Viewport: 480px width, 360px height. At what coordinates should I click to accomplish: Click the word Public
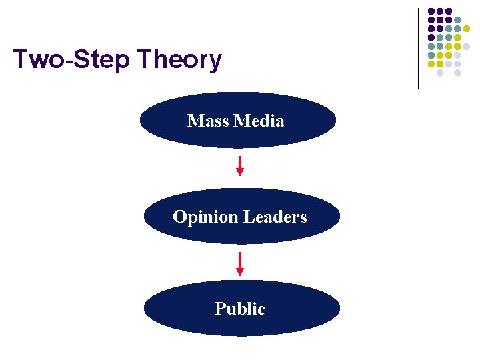pos(240,309)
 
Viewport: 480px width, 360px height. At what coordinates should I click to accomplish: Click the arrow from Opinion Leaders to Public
pos(240,263)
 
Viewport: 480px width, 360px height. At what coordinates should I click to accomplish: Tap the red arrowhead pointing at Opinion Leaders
pos(240,172)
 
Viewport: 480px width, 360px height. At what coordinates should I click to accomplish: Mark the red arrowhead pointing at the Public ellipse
pos(240,271)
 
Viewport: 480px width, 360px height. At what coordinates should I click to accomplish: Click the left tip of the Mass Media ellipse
pos(141,120)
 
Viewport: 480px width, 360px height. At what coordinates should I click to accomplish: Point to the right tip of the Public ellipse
pos(339,308)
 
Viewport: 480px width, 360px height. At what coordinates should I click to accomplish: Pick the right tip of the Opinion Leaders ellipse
pos(339,216)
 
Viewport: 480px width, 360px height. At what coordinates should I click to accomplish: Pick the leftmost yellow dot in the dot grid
pos(431,64)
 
